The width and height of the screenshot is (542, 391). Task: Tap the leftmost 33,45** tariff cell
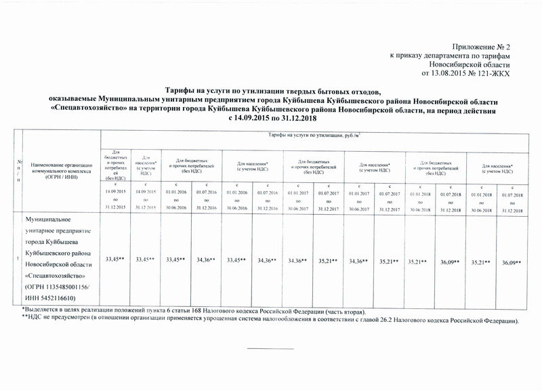112,260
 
